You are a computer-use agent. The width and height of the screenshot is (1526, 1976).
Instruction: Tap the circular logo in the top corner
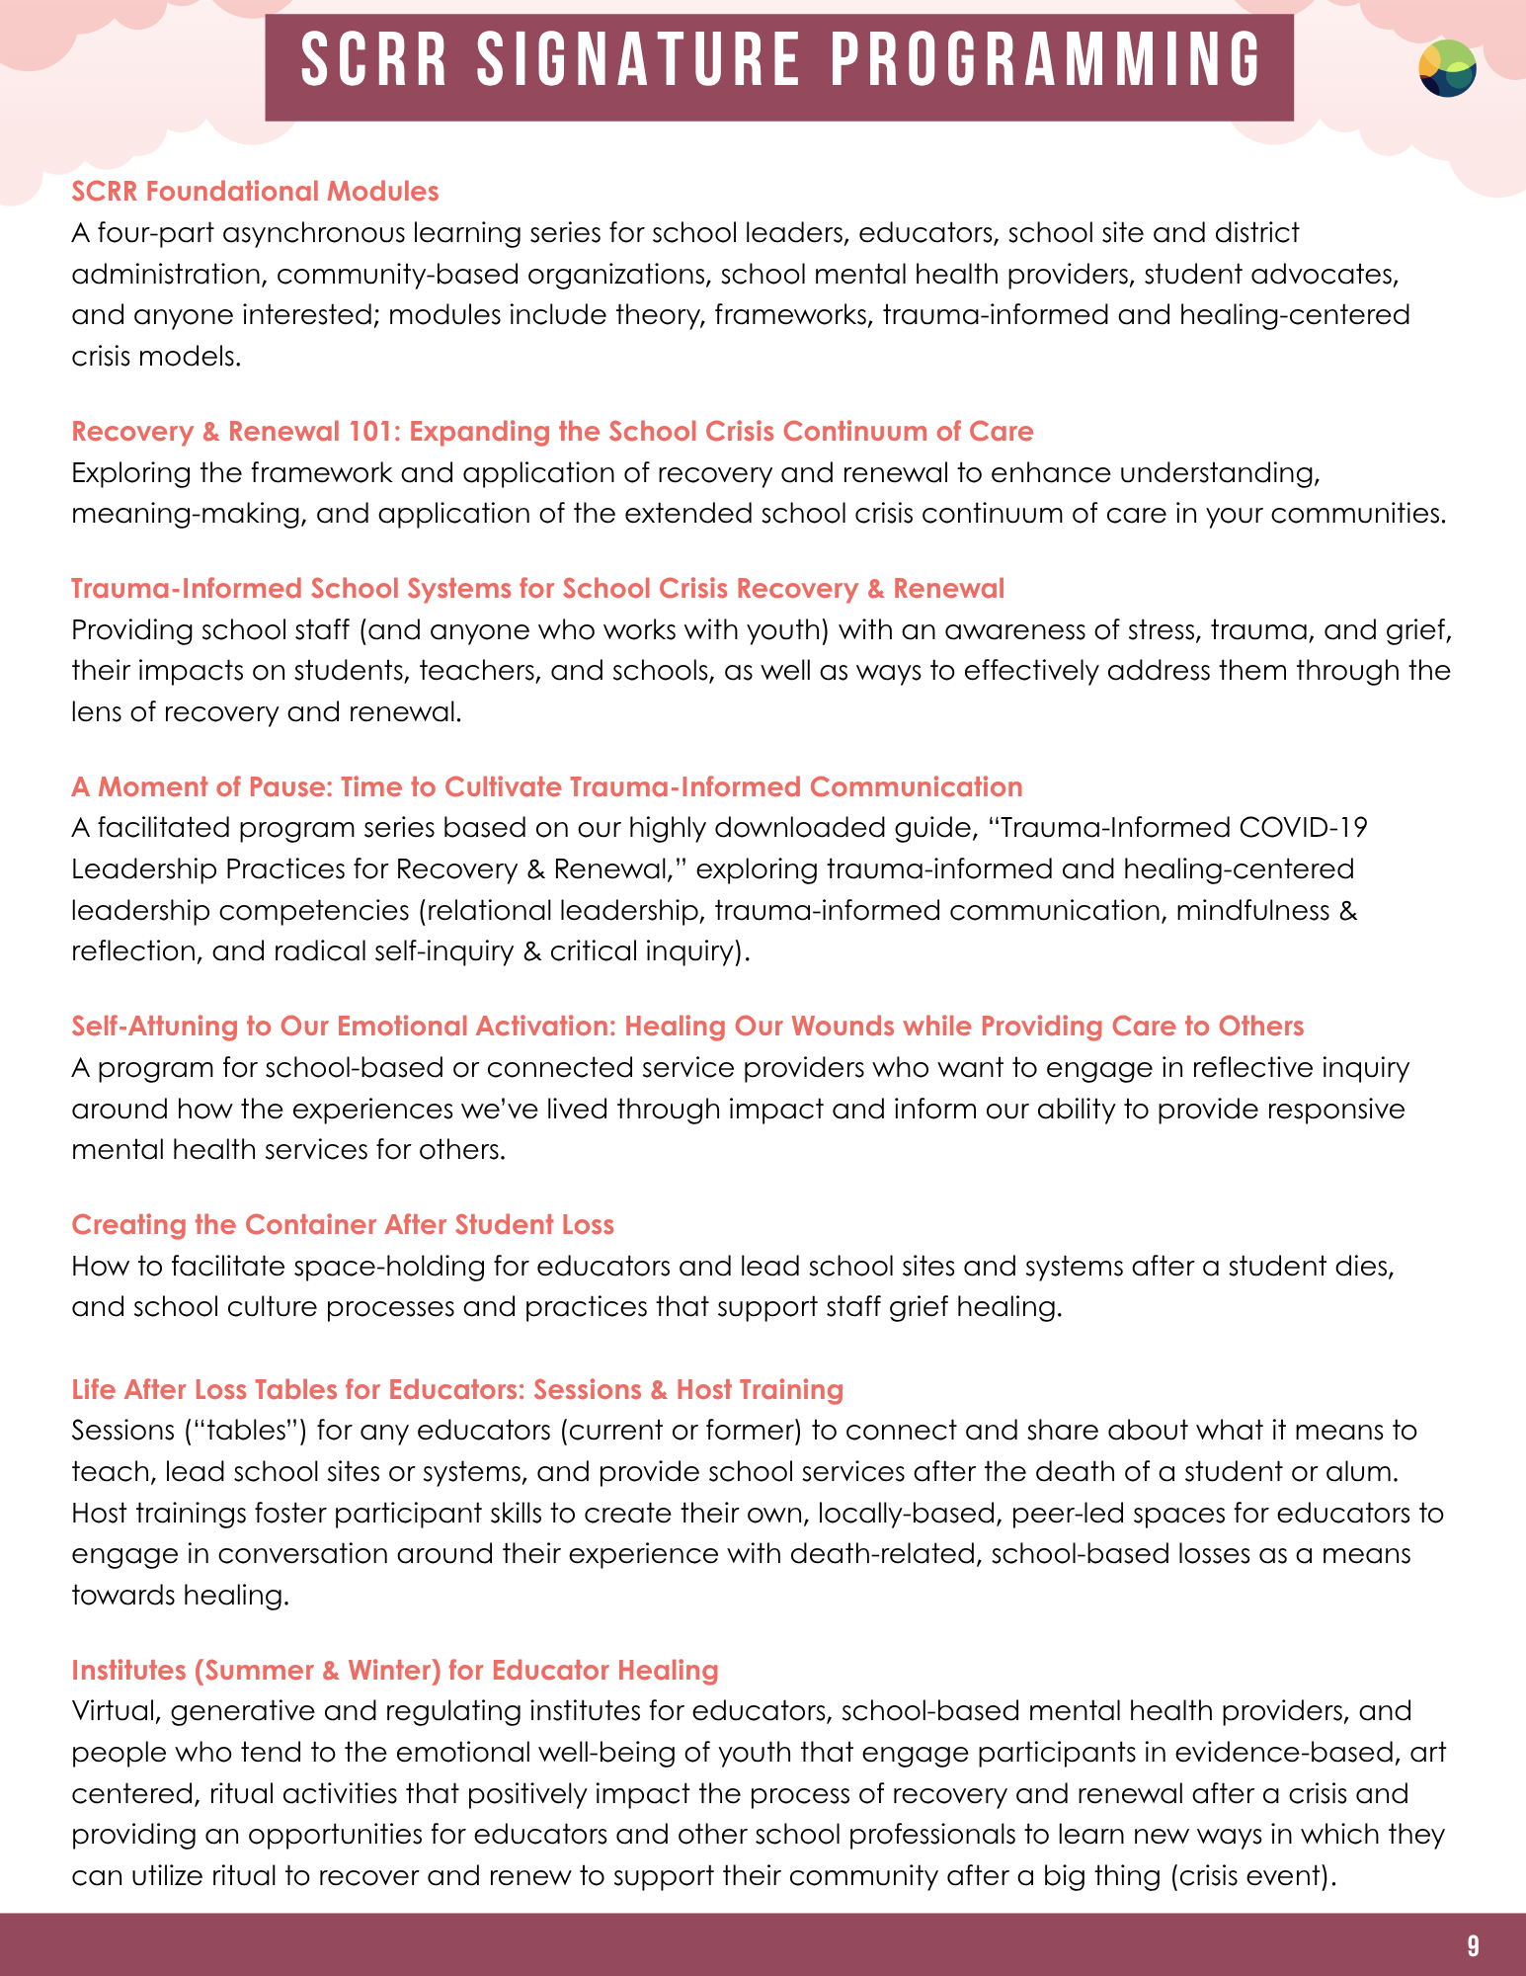1447,68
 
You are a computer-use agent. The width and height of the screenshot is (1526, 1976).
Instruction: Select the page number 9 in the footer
1473,1945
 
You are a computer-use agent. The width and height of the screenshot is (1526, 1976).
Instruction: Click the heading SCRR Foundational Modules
255,191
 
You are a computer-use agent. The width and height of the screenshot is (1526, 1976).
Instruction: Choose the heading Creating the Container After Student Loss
343,1224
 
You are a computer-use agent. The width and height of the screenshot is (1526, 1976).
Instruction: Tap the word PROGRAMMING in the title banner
1046,59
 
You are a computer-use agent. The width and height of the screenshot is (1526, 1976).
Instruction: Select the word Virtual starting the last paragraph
114,1710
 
